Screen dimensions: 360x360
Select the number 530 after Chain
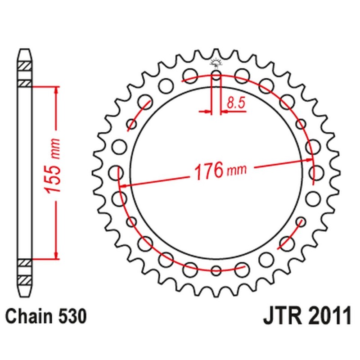(x=71, y=317)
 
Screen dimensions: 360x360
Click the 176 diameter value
(x=209, y=171)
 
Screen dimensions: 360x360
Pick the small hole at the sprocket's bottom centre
(x=216, y=270)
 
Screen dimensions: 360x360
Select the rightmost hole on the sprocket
(x=317, y=172)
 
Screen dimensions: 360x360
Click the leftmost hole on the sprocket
(x=116, y=172)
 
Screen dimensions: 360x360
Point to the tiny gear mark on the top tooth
(x=216, y=63)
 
